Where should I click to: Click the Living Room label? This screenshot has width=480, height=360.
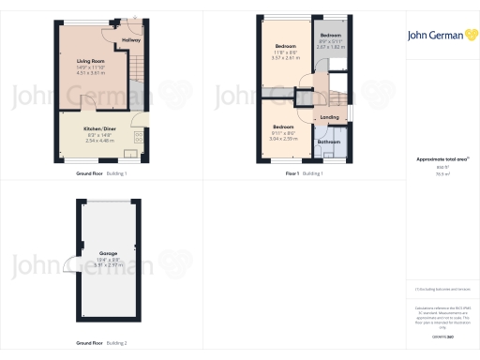click(x=90, y=60)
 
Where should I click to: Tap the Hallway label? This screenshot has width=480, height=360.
click(x=131, y=40)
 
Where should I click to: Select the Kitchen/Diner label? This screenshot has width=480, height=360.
click(x=98, y=127)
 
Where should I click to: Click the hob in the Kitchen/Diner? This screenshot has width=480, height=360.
click(x=140, y=137)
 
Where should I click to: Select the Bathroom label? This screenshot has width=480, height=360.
click(x=328, y=142)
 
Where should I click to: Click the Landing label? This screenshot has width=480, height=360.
click(x=329, y=117)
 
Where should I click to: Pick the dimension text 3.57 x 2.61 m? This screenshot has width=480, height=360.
click(x=285, y=57)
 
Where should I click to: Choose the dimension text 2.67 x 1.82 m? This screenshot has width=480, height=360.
click(x=331, y=46)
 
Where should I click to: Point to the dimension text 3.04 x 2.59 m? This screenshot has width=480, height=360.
click(x=284, y=138)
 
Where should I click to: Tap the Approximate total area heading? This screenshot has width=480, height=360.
click(x=441, y=159)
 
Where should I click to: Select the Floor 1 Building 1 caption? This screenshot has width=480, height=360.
click(x=304, y=174)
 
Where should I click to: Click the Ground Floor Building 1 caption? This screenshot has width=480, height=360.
click(x=101, y=174)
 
